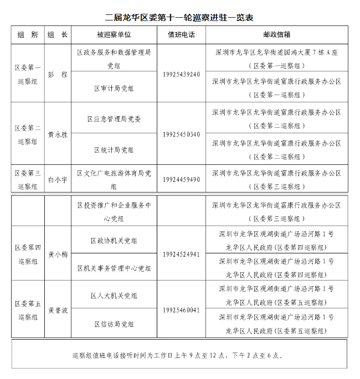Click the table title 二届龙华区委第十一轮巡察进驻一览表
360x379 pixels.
[x=179, y=18]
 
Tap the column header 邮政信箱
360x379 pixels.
[x=276, y=34]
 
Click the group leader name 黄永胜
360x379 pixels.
[x=58, y=134]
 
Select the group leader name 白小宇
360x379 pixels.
[x=58, y=180]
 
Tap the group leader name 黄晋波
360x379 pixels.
[x=58, y=310]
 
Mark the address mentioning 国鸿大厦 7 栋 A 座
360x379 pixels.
[x=276, y=52]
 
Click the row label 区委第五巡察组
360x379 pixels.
[x=27, y=310]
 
